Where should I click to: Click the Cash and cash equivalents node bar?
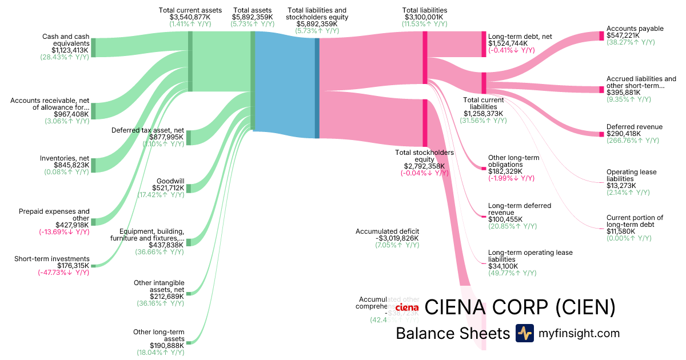tap(93, 47)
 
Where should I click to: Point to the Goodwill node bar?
tap(189, 189)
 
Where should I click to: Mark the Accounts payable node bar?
tap(601, 36)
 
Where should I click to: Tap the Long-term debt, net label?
tap(520, 37)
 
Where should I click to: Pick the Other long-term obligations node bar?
tap(484, 169)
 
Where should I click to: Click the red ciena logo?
tap(407, 309)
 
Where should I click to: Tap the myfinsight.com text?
tap(579, 333)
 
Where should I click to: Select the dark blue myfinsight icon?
tap(525, 333)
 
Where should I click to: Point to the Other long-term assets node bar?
tap(189, 342)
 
